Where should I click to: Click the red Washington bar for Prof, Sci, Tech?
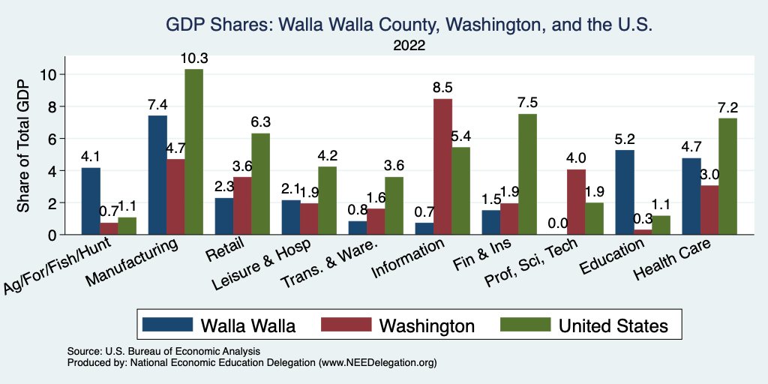tap(576, 202)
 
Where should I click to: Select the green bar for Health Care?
tap(727, 176)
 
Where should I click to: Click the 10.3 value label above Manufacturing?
tap(193, 58)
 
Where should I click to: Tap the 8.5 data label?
tap(442, 88)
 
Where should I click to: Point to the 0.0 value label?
tap(557, 223)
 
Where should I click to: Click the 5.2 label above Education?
tap(624, 139)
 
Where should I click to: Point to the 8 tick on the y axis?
tap(52, 106)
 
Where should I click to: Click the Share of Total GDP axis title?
tap(23, 146)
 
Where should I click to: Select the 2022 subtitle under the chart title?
tap(409, 46)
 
